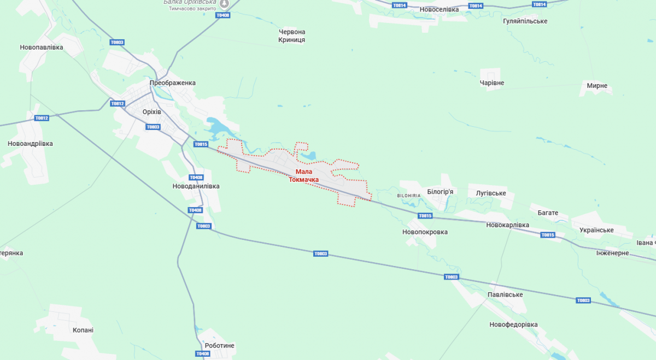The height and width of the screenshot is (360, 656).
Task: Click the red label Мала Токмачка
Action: (303, 175)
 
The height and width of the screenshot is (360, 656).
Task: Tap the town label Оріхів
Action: (151, 111)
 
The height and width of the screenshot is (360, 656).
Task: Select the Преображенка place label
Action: (173, 83)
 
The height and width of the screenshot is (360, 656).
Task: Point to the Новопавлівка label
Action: (42, 48)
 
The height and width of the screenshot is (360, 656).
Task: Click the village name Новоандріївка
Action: (30, 144)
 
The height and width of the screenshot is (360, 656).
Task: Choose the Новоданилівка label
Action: (196, 186)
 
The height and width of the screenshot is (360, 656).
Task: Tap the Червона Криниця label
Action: (292, 36)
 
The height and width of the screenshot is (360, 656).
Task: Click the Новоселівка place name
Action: (440, 9)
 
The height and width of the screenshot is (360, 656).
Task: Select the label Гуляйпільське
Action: (525, 21)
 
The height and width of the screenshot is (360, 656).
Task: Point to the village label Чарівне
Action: (491, 83)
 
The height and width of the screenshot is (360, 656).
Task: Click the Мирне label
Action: (597, 86)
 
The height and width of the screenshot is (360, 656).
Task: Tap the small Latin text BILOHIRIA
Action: (409, 195)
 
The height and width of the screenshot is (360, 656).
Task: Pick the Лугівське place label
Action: (491, 193)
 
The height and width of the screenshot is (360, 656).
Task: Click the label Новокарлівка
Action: (507, 225)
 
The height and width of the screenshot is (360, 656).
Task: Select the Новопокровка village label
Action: (425, 232)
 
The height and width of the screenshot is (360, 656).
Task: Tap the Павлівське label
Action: (505, 295)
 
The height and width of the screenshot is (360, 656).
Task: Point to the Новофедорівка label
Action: (513, 324)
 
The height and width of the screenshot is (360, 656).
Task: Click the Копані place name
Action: (83, 331)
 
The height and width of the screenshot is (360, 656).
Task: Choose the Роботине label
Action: (219, 346)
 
